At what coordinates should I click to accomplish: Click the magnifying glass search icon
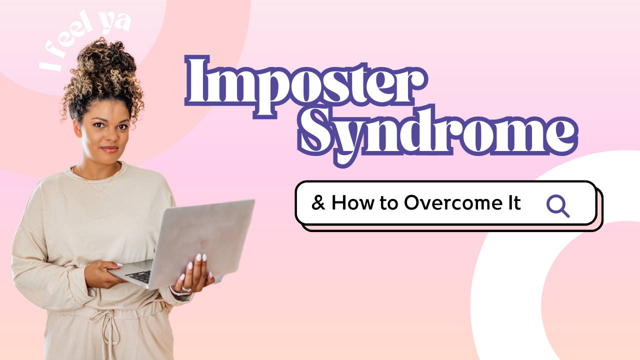[x=557, y=204]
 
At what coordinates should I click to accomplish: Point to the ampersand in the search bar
[x=317, y=203]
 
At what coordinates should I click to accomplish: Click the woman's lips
[x=109, y=149]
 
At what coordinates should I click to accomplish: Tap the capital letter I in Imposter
[x=197, y=82]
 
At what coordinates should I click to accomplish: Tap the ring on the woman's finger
[x=186, y=289]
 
